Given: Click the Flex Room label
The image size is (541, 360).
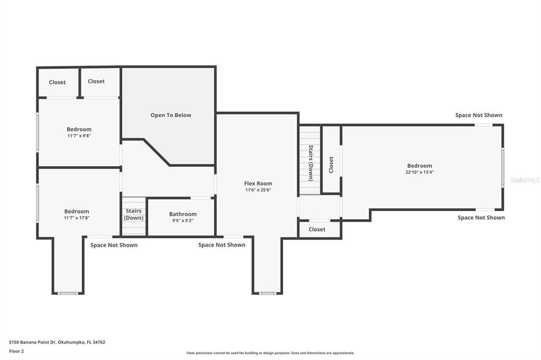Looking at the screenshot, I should pyautogui.click(x=258, y=184).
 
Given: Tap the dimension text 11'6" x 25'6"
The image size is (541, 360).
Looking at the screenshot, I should pyautogui.click(x=258, y=190).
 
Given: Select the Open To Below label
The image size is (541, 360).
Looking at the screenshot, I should pyautogui.click(x=171, y=115).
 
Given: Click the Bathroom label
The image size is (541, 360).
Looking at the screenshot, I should pyautogui.click(x=183, y=214).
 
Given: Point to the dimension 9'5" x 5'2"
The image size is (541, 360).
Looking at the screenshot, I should pyautogui.click(x=183, y=221).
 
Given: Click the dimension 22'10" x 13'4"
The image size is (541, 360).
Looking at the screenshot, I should pyautogui.click(x=419, y=172).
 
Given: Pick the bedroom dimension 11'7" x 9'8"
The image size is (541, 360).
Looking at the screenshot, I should pyautogui.click(x=79, y=136).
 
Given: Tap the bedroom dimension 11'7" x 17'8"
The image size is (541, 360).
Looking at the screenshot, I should pyautogui.click(x=77, y=217).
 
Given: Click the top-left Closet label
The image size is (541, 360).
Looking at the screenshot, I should pyautogui.click(x=57, y=82).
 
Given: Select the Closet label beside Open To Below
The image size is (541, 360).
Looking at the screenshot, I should pyautogui.click(x=96, y=81).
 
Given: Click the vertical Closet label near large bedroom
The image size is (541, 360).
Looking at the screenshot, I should pyautogui.click(x=331, y=165).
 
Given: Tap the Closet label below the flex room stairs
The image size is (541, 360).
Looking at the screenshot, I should pyautogui.click(x=317, y=230).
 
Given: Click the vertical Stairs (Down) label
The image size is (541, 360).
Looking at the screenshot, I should pyautogui.click(x=311, y=163).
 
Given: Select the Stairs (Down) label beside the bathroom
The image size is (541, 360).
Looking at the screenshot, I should pyautogui.click(x=134, y=214).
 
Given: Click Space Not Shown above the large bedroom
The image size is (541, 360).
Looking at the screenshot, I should pyautogui.click(x=479, y=115).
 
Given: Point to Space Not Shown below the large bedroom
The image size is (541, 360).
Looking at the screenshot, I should pyautogui.click(x=481, y=217).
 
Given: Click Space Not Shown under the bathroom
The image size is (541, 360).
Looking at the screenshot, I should pyautogui.click(x=221, y=245).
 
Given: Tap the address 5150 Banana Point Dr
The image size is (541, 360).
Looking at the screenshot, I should pyautogui.click(x=57, y=342).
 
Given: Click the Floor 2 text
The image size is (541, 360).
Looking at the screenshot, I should pyautogui.click(x=16, y=351).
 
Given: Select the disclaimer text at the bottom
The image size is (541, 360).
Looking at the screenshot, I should pyautogui.click(x=270, y=353).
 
